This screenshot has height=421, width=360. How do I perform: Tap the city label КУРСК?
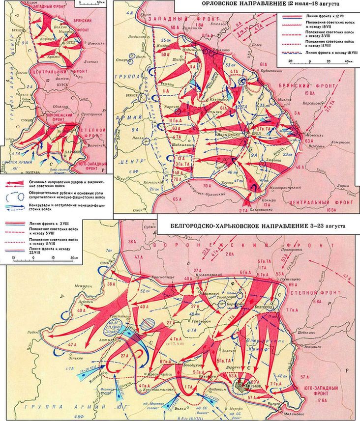tap(64, 89)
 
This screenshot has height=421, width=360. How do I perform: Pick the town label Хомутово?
tap(329, 141)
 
